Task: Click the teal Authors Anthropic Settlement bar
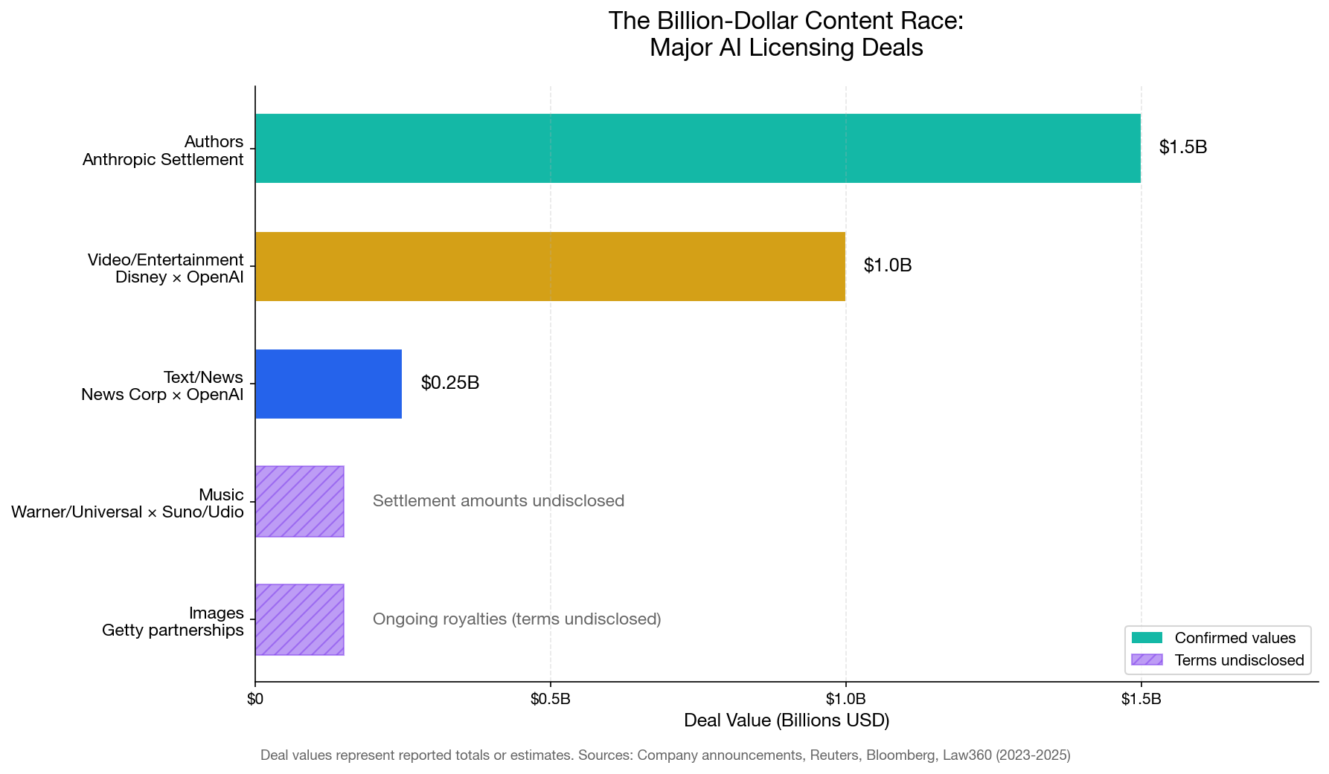(x=697, y=148)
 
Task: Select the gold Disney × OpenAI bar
(x=550, y=266)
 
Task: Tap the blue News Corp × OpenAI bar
(x=328, y=384)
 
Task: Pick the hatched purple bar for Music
(x=299, y=501)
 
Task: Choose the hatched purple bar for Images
(x=299, y=619)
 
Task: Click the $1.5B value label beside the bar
(x=1182, y=147)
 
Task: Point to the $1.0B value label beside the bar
(x=887, y=265)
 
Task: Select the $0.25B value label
(x=449, y=383)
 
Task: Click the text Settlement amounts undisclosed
(x=498, y=501)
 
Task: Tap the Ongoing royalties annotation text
(x=516, y=619)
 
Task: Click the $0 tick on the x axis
(x=255, y=699)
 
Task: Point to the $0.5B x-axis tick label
(x=550, y=699)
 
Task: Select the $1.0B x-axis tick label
(x=845, y=699)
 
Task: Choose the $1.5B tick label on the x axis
(x=1141, y=699)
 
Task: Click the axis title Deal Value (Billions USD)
(x=786, y=720)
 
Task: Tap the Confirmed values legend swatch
(x=1146, y=638)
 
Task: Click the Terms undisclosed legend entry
(x=1238, y=660)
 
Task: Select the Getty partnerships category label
(x=173, y=631)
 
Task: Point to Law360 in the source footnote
(x=967, y=755)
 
